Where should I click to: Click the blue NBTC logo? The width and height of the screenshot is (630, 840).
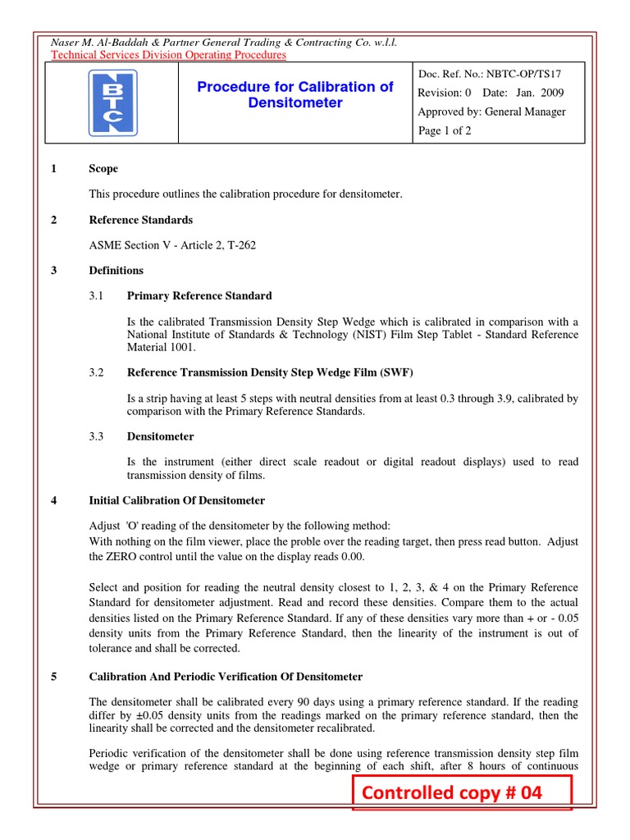click(112, 103)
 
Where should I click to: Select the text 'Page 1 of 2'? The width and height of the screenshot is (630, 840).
click(445, 130)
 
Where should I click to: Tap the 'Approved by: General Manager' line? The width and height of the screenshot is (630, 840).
click(491, 112)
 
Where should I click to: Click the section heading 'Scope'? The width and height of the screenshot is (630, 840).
click(103, 169)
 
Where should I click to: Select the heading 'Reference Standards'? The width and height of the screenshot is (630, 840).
click(140, 220)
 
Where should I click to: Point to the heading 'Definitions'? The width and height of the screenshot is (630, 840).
click(116, 271)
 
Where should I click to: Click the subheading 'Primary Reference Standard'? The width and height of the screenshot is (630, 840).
click(199, 295)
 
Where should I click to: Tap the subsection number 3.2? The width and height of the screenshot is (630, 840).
click(97, 372)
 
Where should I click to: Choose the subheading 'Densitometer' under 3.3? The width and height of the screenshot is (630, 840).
click(161, 436)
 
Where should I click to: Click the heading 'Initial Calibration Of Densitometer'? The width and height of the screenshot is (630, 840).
click(176, 500)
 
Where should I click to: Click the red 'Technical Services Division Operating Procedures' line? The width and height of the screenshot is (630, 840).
click(168, 55)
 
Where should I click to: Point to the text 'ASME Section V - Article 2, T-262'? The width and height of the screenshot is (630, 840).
click(172, 245)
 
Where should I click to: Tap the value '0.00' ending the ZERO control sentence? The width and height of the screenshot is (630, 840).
click(350, 555)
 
